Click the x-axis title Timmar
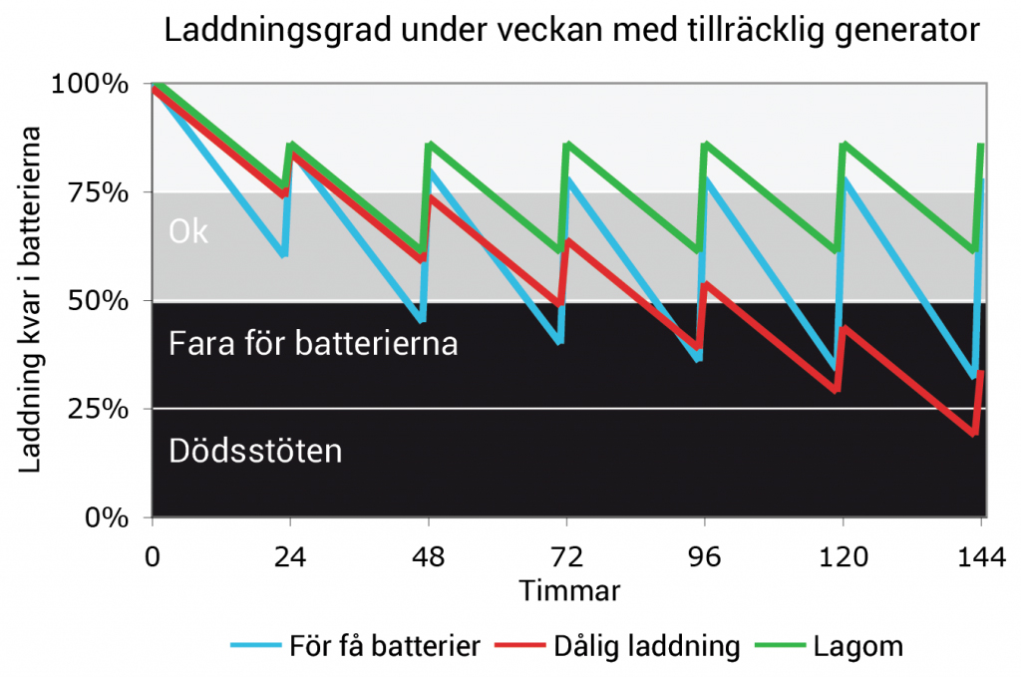[569, 591]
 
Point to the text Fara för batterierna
[314, 344]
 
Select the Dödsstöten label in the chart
[255, 451]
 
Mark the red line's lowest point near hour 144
[974, 434]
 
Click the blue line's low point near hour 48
[423, 320]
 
